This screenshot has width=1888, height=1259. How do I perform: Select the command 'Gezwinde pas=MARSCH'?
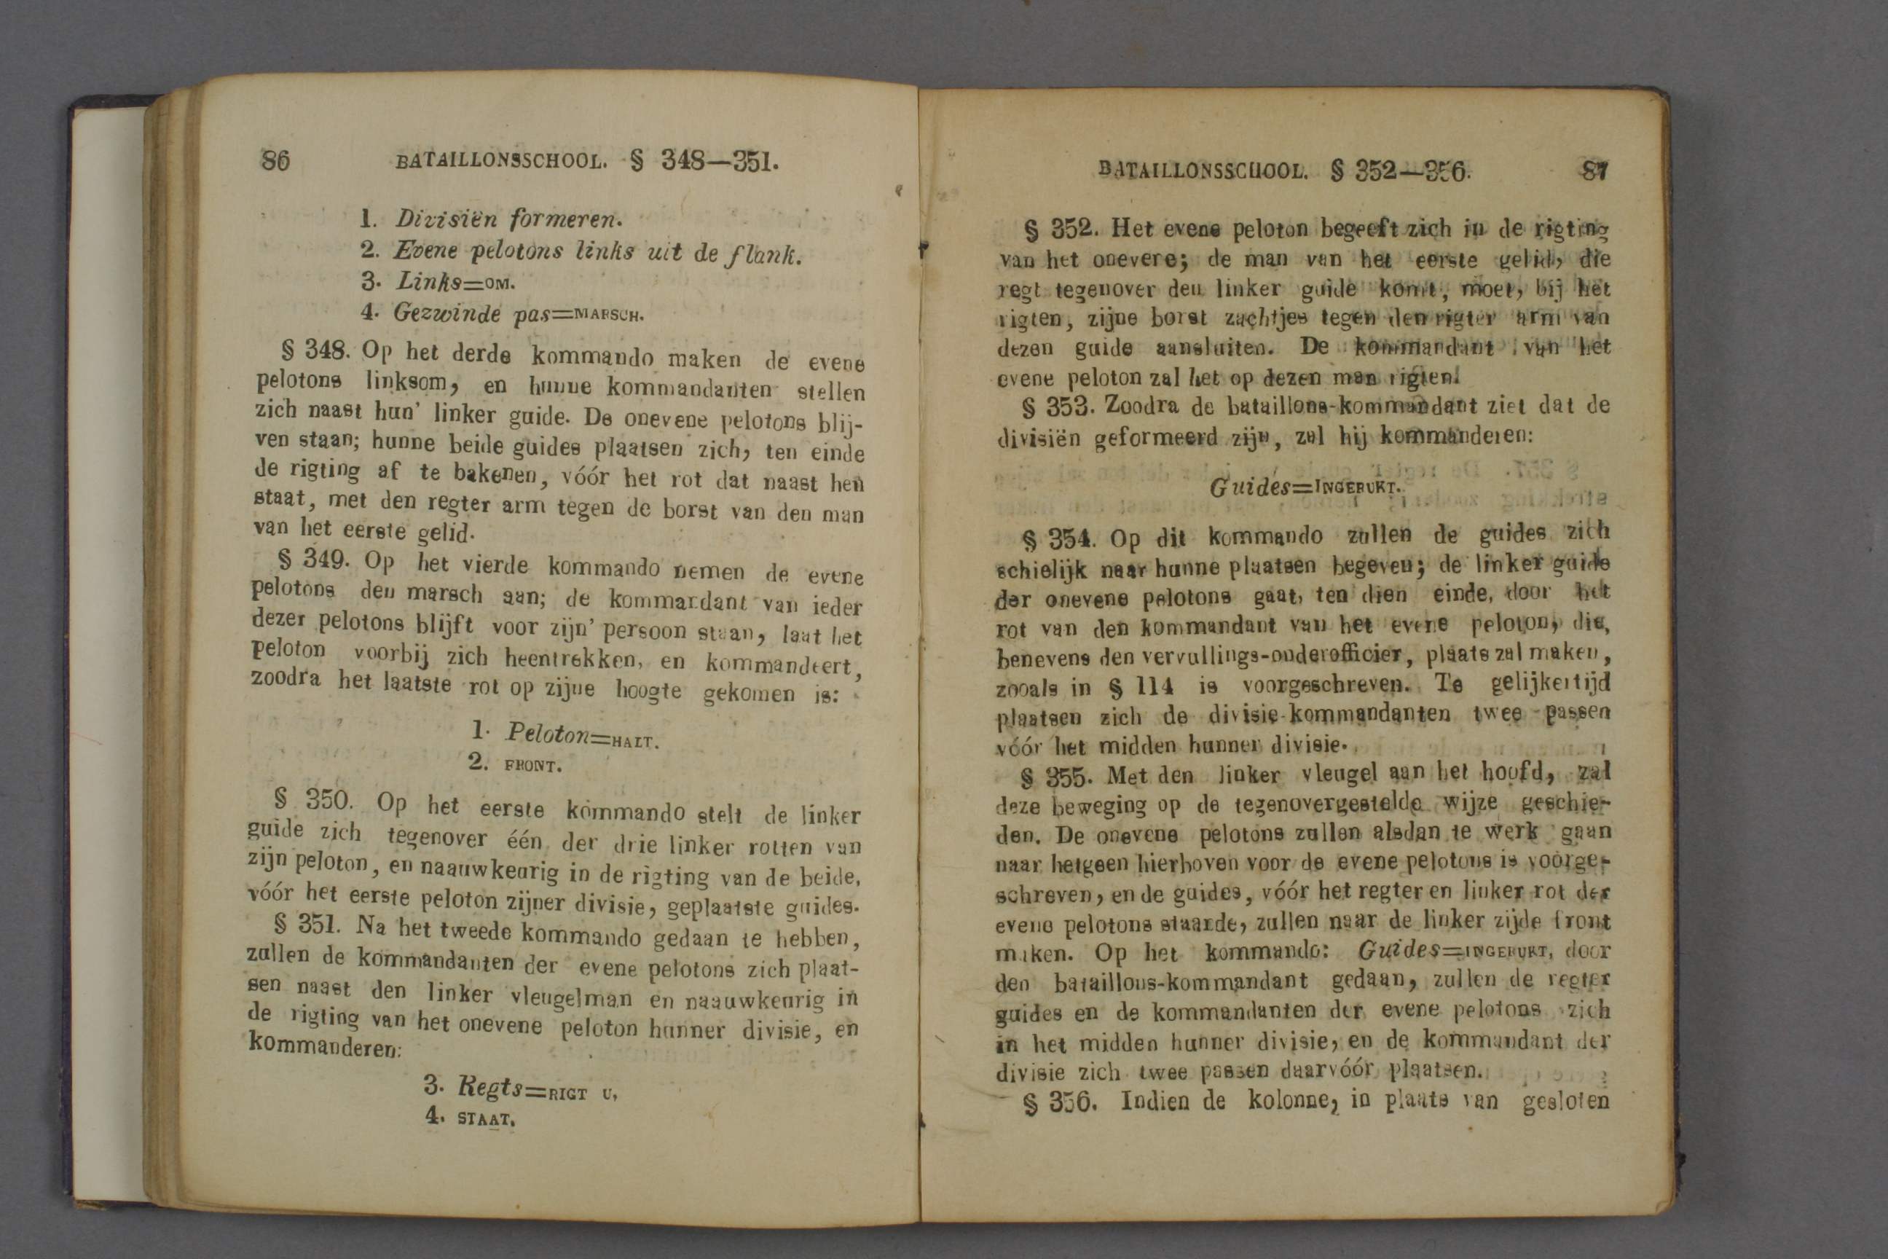coord(517,313)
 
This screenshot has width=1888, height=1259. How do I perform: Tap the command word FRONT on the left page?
coord(532,765)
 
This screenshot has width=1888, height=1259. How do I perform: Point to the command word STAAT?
coord(485,1118)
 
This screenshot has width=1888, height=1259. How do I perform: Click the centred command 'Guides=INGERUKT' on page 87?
coord(1305,487)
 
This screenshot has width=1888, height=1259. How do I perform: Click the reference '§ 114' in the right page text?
coord(1139,686)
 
